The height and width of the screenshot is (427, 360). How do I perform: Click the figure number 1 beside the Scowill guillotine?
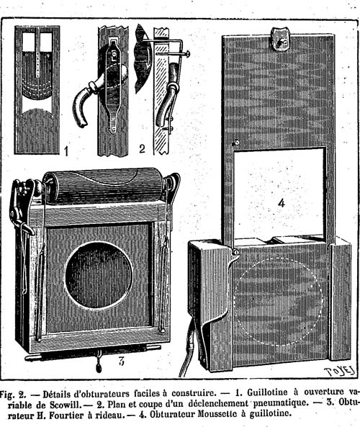click(66, 151)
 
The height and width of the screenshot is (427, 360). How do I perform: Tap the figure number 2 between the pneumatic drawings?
click(142, 148)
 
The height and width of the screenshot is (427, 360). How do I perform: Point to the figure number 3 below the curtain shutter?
click(122, 361)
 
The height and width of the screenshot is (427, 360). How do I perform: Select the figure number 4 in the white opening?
click(282, 203)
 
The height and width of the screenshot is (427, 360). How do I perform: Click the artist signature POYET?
click(340, 371)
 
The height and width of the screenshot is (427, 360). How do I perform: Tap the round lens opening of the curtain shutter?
click(99, 275)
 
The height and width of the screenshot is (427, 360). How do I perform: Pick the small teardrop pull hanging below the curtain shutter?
click(99, 368)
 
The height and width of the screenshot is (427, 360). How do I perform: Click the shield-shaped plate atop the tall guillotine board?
click(279, 40)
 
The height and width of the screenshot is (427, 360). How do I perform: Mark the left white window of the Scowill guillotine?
click(29, 42)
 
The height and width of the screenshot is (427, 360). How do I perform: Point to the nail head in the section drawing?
click(188, 53)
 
